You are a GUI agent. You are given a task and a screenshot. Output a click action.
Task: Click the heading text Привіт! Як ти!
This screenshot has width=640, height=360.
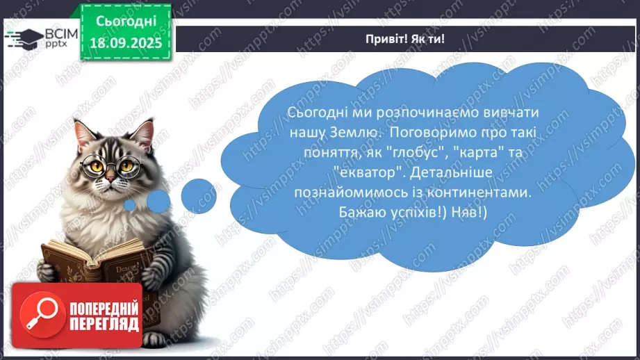pos(404,39)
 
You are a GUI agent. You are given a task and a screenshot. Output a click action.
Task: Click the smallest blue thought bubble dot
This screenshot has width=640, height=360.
pos(129,204)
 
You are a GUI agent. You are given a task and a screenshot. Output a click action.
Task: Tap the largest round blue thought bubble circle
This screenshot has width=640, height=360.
pos(199,195)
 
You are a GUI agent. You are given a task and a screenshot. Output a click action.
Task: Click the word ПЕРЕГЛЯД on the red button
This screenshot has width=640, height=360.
pos(104,324)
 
